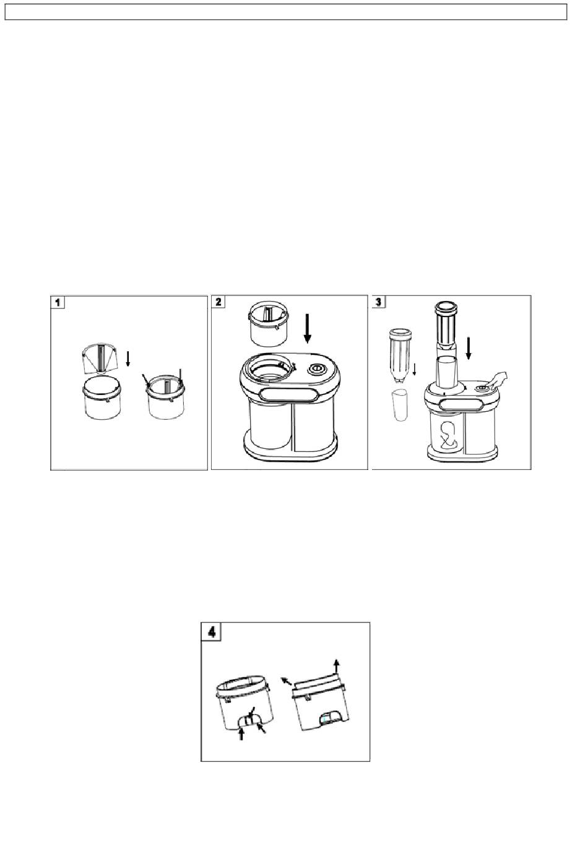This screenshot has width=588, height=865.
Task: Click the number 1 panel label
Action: click(58, 302)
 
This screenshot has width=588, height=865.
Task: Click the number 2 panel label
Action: click(218, 302)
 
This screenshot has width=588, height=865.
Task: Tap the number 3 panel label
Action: click(379, 302)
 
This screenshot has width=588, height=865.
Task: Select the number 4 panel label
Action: click(212, 632)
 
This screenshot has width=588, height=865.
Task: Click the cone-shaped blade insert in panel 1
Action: click(101, 358)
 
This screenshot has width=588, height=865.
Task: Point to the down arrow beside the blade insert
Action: click(128, 359)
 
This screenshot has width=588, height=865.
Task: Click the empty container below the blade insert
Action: click(102, 398)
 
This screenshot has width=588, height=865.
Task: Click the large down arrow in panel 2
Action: click(308, 329)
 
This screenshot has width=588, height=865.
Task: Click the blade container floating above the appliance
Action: click(269, 324)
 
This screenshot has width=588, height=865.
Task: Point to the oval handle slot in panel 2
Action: click(290, 396)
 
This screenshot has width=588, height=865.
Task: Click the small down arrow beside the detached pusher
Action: click(414, 370)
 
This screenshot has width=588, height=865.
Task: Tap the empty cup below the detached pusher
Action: click(400, 406)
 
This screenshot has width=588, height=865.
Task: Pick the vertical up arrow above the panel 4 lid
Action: click(337, 667)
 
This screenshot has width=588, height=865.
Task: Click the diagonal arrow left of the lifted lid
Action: click(286, 681)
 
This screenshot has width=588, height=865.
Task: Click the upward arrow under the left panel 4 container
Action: click(241, 733)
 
